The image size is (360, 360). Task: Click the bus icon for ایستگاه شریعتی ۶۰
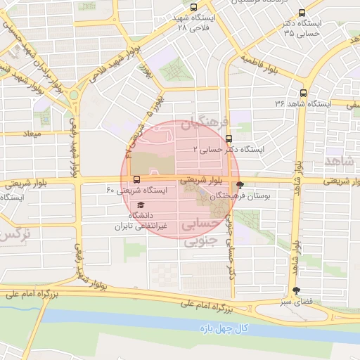click(136, 179)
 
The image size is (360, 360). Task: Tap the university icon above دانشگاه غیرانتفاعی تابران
click(141, 205)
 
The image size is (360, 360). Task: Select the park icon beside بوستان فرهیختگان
click(241, 185)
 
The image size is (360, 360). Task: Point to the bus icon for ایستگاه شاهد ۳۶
click(304, 92)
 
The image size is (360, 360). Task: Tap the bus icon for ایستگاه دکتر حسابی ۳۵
click(302, 13)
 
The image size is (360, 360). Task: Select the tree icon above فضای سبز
click(295, 290)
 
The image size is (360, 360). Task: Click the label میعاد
click(32, 133)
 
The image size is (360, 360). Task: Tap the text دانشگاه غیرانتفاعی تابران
click(143, 221)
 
